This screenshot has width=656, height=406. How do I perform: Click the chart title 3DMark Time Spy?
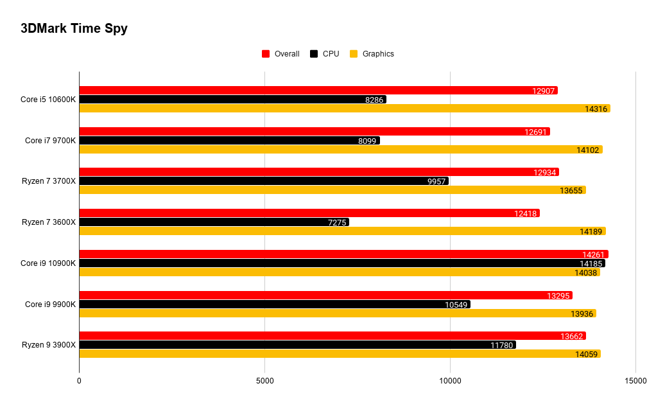[74, 28]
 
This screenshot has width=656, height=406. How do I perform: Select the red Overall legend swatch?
[266, 54]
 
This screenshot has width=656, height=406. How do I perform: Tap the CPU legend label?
[331, 54]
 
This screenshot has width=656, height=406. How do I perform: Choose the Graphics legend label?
[378, 54]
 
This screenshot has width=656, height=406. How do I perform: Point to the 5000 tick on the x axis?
[265, 381]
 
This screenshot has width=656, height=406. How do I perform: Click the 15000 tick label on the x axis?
[635, 381]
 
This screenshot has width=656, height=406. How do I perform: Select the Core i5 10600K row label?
[48, 100]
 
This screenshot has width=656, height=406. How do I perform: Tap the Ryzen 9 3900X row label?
[49, 345]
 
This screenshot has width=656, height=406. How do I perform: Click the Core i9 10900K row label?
[48, 263]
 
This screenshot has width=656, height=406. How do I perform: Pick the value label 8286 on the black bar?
[374, 100]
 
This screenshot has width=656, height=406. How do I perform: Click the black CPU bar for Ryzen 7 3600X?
[214, 222]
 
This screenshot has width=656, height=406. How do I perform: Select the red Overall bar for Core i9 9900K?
[326, 296]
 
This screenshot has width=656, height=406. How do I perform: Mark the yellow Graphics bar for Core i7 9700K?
[341, 150]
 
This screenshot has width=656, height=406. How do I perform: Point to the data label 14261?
[593, 255]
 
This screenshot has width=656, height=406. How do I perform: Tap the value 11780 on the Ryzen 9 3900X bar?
[501, 346]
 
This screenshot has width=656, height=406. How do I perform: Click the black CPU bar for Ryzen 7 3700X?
[264, 181]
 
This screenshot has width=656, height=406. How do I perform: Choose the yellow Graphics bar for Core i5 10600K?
[345, 109]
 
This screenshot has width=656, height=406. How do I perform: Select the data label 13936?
[582, 314]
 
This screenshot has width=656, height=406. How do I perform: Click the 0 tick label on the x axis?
[79, 381]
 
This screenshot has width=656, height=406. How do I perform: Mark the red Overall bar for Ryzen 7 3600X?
[309, 213]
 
